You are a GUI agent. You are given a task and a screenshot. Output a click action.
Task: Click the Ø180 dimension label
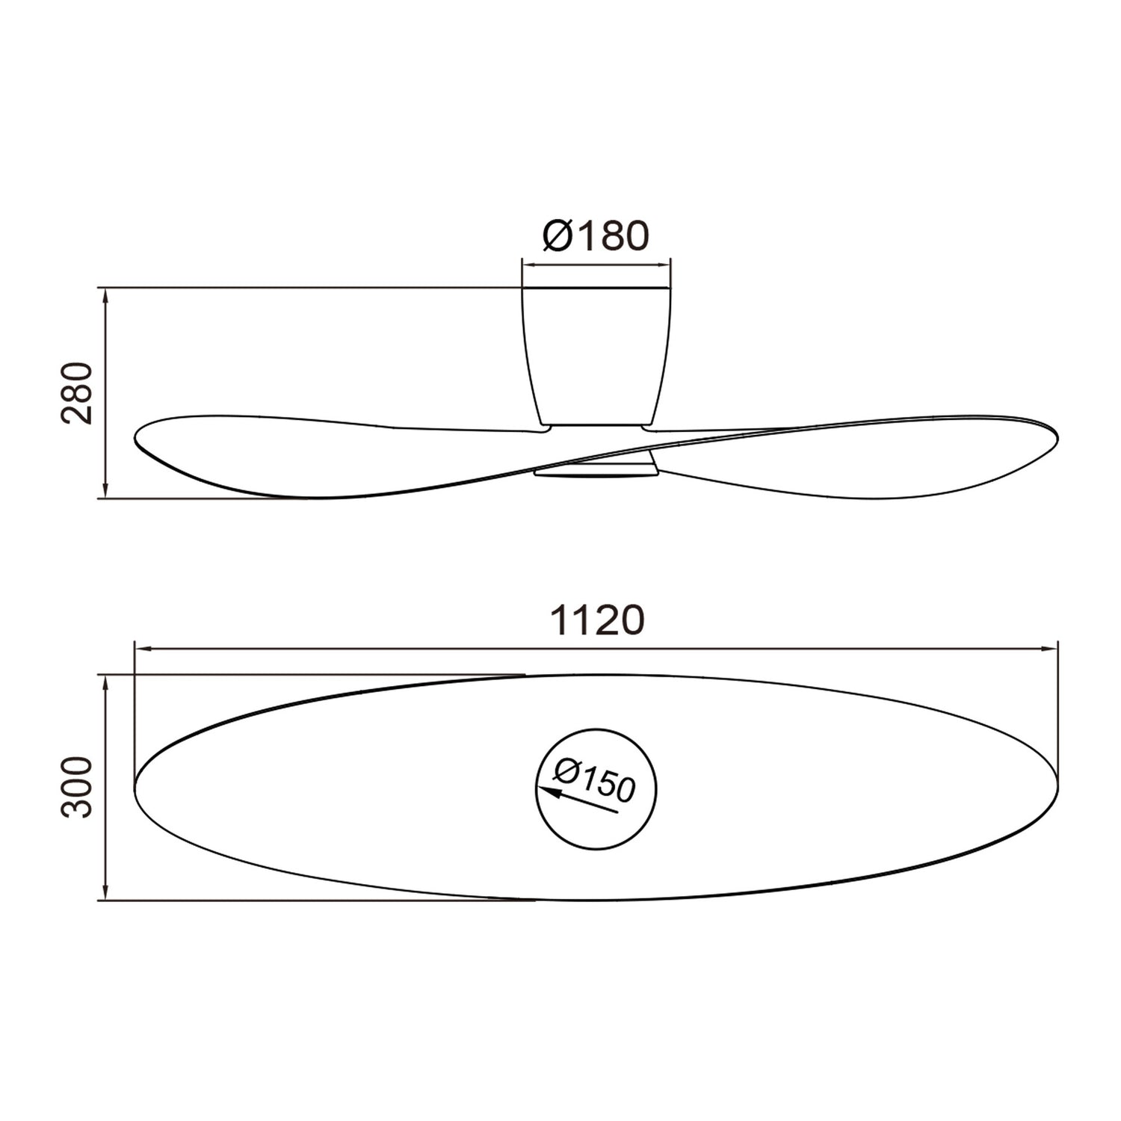tap(596, 236)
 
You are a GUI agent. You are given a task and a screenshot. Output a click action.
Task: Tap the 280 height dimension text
tap(77, 393)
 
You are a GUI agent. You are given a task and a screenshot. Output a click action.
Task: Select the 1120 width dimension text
tap(596, 621)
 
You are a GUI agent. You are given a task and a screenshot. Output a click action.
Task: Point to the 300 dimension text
tap(77, 787)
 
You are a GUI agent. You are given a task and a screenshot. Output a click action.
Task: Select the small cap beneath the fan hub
tap(596, 469)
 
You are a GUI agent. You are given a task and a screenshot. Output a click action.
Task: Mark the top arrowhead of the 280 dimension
tap(106, 293)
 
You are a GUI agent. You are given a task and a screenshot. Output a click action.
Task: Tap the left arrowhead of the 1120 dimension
tap(140, 649)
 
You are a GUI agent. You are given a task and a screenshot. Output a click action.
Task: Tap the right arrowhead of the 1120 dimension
tap(1052, 649)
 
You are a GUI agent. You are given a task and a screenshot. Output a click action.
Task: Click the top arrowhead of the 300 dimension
tap(106, 681)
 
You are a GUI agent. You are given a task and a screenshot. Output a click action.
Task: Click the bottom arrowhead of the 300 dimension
tap(106, 895)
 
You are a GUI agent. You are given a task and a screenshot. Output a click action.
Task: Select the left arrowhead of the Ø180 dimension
tap(527, 264)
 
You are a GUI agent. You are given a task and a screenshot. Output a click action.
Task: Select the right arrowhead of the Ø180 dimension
tap(665, 264)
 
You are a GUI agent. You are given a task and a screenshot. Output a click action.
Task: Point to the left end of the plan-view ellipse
tap(136, 786)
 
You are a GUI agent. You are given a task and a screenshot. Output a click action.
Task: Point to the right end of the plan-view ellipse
tap(1057, 786)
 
